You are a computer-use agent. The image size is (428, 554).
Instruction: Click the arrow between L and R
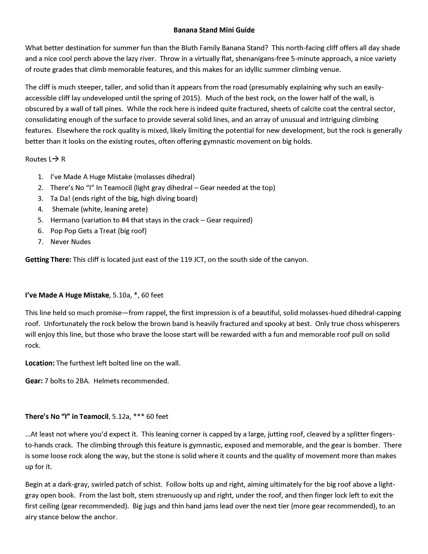pos(55,159)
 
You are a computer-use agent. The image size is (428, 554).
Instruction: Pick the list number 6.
pos(40,231)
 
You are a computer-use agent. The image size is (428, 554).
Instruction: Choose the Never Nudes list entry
pos(70,242)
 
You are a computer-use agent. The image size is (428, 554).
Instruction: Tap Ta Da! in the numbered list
pos(60,198)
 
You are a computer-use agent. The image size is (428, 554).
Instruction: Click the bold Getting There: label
pos(48,260)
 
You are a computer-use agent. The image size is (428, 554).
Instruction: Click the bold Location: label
pos(40,363)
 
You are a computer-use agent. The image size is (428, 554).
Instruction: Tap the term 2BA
pos(82,381)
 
